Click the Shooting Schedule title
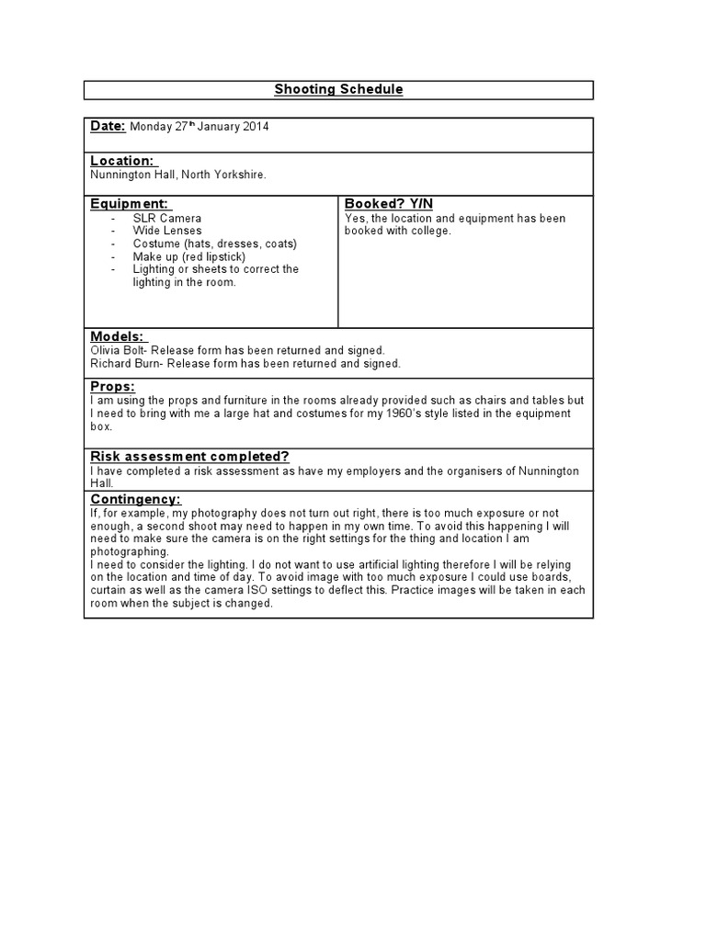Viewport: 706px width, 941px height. click(x=338, y=89)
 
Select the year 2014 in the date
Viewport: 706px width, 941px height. click(x=256, y=127)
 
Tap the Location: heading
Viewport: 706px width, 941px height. click(x=121, y=161)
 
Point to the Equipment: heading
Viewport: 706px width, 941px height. click(x=130, y=203)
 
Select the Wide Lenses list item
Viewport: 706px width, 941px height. click(x=167, y=231)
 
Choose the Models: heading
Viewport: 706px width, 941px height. click(x=118, y=337)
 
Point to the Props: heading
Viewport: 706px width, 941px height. click(x=112, y=387)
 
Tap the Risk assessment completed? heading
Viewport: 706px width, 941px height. click(x=189, y=457)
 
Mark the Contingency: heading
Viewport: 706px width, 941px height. click(x=134, y=498)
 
